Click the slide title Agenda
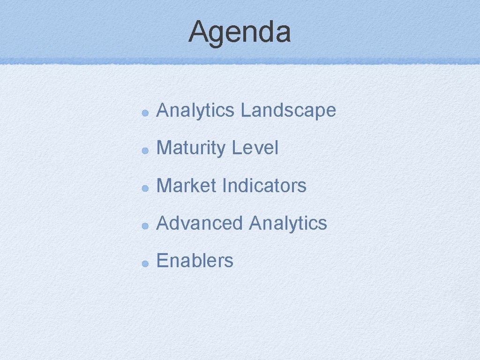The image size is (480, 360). pos(240,32)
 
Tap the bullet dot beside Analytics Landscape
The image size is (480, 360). pos(146,113)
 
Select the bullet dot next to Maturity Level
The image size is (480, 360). pos(146,150)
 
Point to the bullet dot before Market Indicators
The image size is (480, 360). pos(146,188)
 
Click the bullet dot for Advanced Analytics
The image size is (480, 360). pos(146,225)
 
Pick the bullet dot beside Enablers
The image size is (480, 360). pos(146,263)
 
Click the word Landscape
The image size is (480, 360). pos(288,111)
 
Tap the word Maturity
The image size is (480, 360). pos(191,148)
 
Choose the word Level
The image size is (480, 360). pos(255,148)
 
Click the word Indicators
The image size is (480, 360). pos(264,186)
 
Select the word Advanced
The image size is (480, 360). pos(200,223)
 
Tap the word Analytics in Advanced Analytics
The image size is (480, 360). pos(288,223)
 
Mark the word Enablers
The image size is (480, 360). pos(195,261)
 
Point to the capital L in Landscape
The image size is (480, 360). pos(244,111)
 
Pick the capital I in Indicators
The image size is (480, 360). pos(225,186)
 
